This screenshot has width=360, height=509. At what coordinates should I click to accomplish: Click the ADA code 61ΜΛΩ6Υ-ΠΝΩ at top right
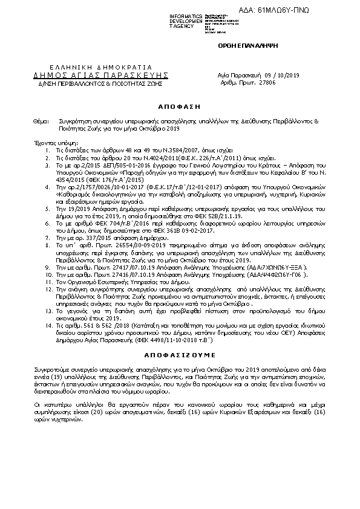pos(319,10)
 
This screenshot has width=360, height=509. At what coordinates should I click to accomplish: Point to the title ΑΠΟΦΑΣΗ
pos(179,104)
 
